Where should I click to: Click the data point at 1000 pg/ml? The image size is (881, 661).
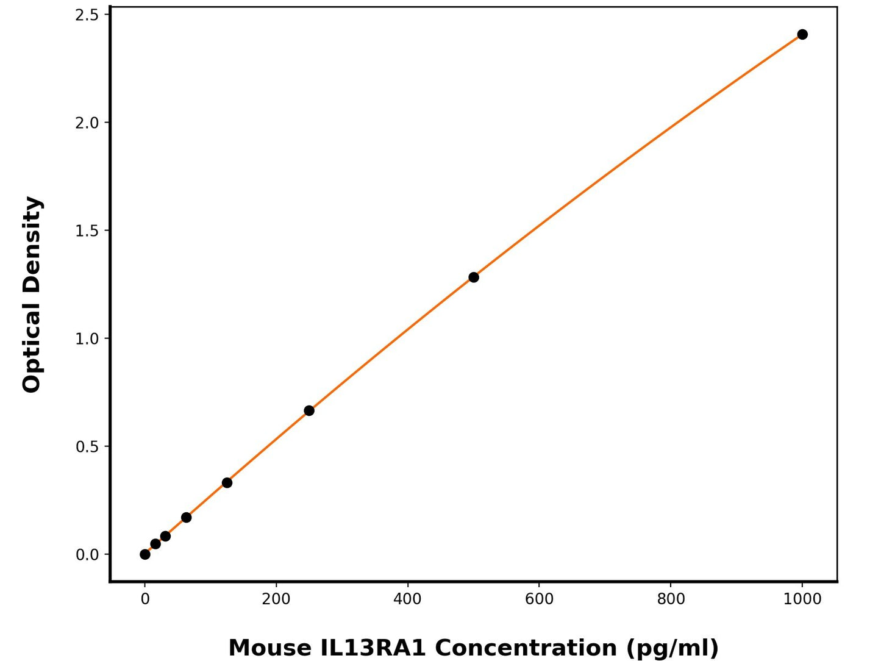click(802, 35)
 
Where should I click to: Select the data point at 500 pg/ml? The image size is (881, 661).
click(474, 277)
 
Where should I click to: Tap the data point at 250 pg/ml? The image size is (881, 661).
click(309, 411)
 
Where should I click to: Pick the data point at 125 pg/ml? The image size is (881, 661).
click(227, 483)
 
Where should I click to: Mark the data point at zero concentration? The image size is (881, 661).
click(145, 554)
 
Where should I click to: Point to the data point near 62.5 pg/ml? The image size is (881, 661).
click(187, 518)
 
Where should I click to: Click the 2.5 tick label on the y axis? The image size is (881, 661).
click(87, 15)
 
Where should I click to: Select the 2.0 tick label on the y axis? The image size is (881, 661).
click(87, 123)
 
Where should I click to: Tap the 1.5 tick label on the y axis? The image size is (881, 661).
click(87, 230)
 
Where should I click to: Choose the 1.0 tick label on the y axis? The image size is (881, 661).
click(87, 338)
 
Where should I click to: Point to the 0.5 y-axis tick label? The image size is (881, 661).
click(87, 446)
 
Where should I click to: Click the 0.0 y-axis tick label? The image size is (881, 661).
click(87, 555)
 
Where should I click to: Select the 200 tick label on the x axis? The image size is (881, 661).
click(276, 599)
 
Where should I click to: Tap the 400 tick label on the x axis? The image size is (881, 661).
click(407, 599)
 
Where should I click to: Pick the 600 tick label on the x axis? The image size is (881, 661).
click(539, 599)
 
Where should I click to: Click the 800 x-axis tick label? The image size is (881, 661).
click(671, 599)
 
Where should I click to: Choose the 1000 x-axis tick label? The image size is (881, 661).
click(802, 599)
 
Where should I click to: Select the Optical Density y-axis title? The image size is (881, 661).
click(32, 295)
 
